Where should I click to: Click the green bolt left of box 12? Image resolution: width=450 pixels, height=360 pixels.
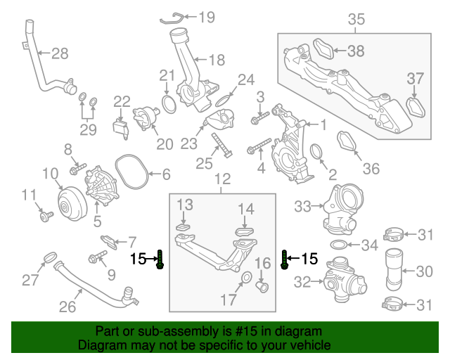click(160, 259)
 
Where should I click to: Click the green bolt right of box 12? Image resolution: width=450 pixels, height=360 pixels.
click(284, 259)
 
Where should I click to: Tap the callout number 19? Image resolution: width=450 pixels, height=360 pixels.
click(207, 17)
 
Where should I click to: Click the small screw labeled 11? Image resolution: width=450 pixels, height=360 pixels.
click(46, 216)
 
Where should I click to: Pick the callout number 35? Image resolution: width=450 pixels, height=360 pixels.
click(356, 19)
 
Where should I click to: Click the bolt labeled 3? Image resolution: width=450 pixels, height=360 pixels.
click(259, 118)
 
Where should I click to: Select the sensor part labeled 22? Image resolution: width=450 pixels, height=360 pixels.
click(120, 129)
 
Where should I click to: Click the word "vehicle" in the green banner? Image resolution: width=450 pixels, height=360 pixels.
click(311, 345)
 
